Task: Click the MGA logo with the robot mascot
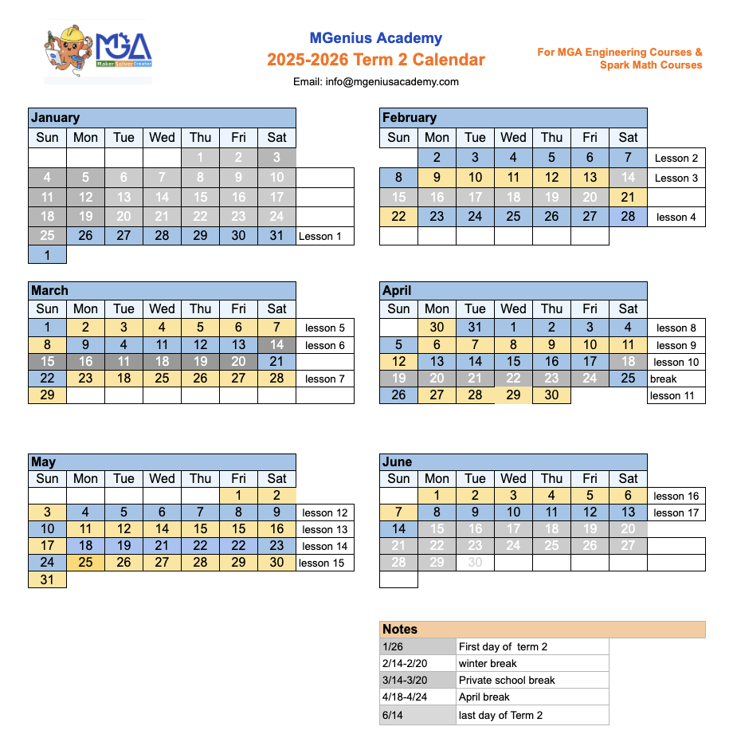click(x=98, y=51)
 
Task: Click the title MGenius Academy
click(x=375, y=38)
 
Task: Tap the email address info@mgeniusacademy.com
click(x=375, y=81)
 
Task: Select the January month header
click(x=56, y=117)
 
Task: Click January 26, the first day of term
click(x=85, y=236)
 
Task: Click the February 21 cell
click(x=628, y=198)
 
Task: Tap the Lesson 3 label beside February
click(x=676, y=178)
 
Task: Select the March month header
click(x=49, y=290)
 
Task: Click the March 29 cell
click(x=47, y=395)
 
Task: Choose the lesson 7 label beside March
click(x=325, y=379)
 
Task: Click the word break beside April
click(x=663, y=379)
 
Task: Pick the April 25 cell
click(x=628, y=379)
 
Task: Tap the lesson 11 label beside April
click(x=672, y=395)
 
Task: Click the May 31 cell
click(x=47, y=580)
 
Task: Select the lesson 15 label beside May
click(x=321, y=563)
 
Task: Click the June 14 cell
click(x=398, y=529)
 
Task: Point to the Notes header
click(x=400, y=630)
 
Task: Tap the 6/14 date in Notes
click(x=392, y=715)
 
